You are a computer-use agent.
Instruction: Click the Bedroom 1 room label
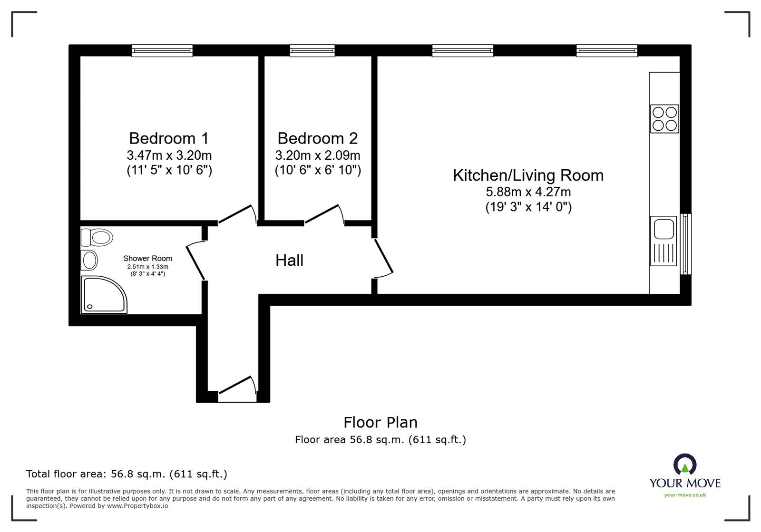pyautogui.click(x=169, y=138)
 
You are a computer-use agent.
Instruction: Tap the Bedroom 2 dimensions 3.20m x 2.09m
pyautogui.click(x=318, y=155)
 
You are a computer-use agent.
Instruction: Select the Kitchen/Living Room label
pyautogui.click(x=528, y=175)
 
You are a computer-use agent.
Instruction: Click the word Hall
pyautogui.click(x=289, y=261)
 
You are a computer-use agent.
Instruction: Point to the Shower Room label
pyautogui.click(x=147, y=259)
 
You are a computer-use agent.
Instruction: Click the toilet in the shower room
pyautogui.click(x=98, y=236)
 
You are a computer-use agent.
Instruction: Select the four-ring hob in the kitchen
pyautogui.click(x=664, y=118)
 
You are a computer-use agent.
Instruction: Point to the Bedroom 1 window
pyautogui.click(x=162, y=50)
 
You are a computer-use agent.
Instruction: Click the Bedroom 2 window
pyautogui.click(x=312, y=50)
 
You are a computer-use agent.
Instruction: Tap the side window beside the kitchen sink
pyautogui.click(x=685, y=244)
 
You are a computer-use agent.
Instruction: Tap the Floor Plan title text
pyautogui.click(x=380, y=422)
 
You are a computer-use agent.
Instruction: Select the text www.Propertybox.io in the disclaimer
pyautogui.click(x=138, y=506)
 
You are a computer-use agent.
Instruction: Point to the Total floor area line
pyautogui.click(x=127, y=474)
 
